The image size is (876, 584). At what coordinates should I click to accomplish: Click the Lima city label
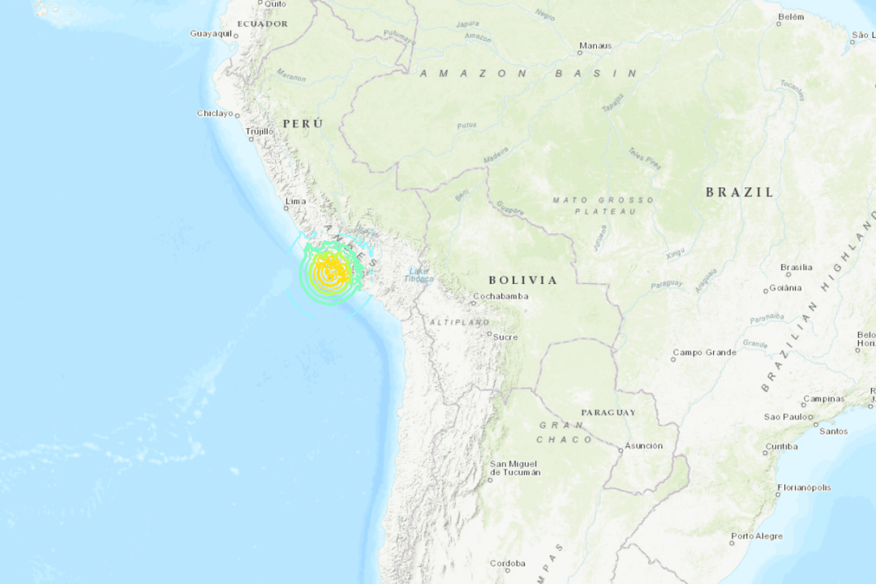tap(295, 201)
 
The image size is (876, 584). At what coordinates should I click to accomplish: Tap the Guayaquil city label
tap(210, 33)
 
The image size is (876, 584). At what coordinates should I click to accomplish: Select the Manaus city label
tap(595, 45)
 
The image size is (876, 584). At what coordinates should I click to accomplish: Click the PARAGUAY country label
tap(608, 412)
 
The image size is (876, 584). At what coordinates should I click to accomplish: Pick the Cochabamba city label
tap(500, 296)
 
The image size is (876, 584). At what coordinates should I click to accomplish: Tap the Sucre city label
tap(505, 336)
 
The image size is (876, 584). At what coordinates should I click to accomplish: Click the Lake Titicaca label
tap(419, 275)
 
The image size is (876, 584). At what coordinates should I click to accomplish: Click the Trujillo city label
tap(260, 131)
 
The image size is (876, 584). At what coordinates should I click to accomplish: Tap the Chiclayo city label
tap(215, 113)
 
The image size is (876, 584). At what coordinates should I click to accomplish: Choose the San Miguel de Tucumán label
tap(514, 468)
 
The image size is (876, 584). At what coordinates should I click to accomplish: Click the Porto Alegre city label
tap(757, 535)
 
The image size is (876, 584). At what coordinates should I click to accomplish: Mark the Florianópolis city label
tap(803, 487)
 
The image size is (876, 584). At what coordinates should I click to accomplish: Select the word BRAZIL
tap(739, 192)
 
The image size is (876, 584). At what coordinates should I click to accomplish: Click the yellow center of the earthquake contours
tap(329, 269)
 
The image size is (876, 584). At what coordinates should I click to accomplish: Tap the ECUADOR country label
tap(262, 24)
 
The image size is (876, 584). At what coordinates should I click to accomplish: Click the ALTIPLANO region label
tap(460, 322)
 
